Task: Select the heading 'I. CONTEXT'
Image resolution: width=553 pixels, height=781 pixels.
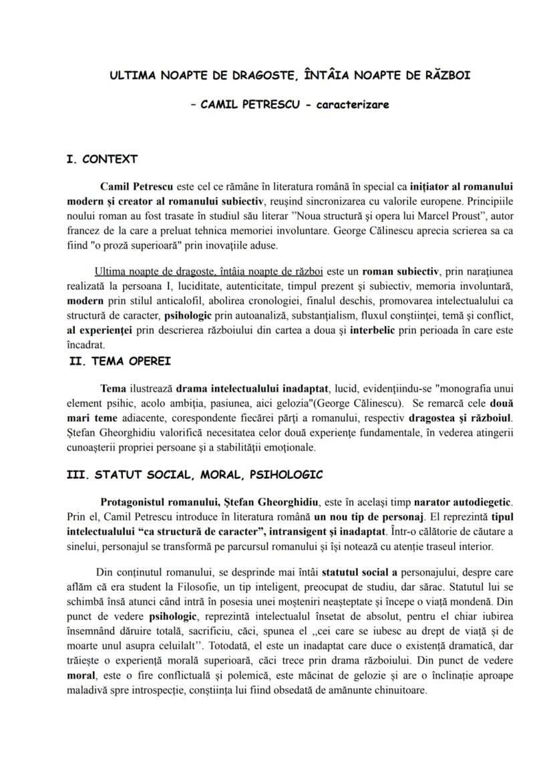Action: (102, 159)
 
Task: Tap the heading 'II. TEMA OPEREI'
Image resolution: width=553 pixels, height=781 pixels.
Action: (120, 361)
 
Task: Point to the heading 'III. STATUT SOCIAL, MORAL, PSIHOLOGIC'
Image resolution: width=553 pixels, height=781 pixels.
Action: (195, 475)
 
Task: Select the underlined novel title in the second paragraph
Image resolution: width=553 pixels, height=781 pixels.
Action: (209, 273)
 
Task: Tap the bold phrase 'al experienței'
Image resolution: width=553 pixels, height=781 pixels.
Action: (99, 332)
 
